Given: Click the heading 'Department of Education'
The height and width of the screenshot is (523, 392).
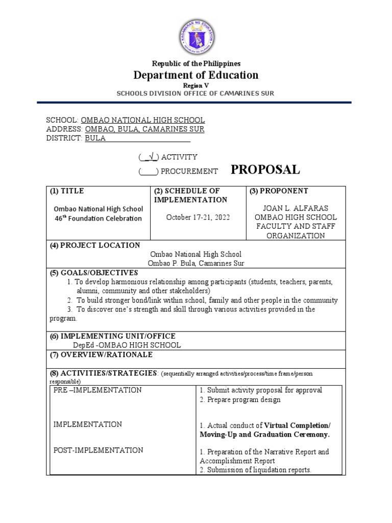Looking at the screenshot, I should click(x=196, y=75).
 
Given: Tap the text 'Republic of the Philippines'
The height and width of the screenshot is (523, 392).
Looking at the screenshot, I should click(x=196, y=63).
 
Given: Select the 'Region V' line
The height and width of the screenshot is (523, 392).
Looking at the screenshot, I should click(x=196, y=86).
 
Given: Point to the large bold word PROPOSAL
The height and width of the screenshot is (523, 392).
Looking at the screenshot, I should click(x=265, y=170).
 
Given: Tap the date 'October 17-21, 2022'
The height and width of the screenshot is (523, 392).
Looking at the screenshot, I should click(x=198, y=217).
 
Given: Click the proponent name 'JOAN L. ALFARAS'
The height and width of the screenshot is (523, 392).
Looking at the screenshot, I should click(x=296, y=208).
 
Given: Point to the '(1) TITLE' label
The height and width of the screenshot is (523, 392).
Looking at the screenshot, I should click(x=67, y=191).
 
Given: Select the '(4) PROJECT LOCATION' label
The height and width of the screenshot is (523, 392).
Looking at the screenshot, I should click(x=94, y=245).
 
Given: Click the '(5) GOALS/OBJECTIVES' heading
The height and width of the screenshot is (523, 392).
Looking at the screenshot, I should click(x=94, y=273).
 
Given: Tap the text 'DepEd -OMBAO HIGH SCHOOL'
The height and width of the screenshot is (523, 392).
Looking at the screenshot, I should click(x=127, y=345).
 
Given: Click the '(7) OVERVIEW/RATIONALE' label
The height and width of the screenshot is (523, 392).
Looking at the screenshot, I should click(x=101, y=354).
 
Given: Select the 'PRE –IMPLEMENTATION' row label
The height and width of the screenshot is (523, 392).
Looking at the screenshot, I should click(x=97, y=390).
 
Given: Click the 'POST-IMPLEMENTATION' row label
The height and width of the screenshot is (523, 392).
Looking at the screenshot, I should click(x=99, y=450).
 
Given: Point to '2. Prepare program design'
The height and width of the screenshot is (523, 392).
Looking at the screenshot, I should click(x=240, y=400).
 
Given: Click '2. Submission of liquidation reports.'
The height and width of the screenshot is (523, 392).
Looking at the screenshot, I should click(x=255, y=470).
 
